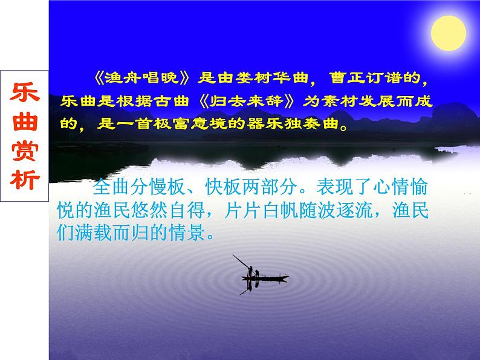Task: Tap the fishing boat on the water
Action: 264,278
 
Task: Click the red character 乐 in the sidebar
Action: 25,94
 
